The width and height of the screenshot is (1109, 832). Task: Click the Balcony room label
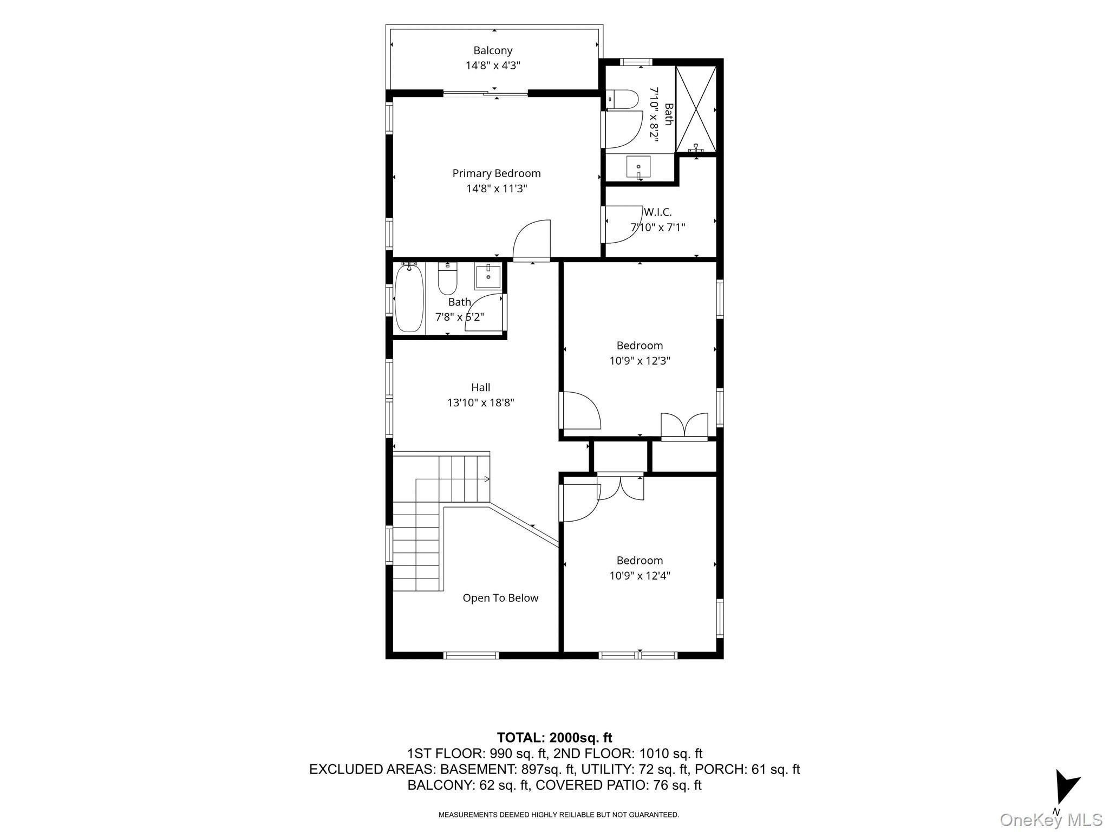493,50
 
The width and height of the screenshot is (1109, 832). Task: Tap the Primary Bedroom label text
497,173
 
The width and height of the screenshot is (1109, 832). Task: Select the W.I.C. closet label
657,212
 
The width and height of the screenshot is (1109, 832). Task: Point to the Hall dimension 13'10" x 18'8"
480,402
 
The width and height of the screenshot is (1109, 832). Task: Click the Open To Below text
500,598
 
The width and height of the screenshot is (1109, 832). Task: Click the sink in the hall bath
488,277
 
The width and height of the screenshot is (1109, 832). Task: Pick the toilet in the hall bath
448,278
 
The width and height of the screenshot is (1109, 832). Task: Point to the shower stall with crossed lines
696,108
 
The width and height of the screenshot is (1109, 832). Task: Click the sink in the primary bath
638,167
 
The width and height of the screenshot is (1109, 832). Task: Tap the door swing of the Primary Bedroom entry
531,239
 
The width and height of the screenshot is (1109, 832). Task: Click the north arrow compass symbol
1066,791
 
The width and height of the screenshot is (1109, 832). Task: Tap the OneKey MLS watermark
1051,820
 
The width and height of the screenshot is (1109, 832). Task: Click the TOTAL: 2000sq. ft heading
554,737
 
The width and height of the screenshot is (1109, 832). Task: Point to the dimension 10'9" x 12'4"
640,575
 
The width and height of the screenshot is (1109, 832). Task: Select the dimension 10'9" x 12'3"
640,360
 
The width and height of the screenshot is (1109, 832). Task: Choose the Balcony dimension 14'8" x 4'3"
493,66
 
